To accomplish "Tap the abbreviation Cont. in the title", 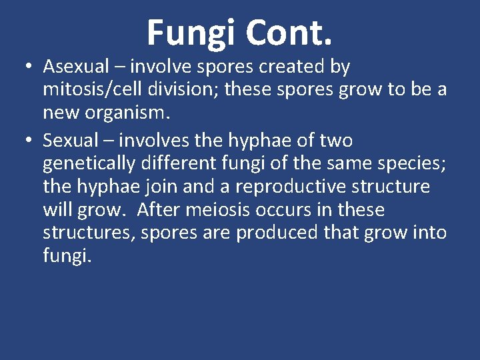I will click(288, 32).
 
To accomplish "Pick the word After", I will click(161, 210).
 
